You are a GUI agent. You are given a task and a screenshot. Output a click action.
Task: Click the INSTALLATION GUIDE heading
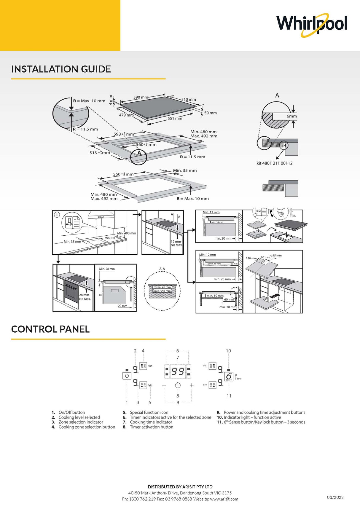tap(61, 69)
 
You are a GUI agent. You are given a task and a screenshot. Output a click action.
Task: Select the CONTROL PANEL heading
tap(50, 329)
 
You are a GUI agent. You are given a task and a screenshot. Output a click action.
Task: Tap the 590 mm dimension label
tap(141, 97)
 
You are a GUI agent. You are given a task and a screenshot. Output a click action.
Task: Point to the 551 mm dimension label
tap(175, 118)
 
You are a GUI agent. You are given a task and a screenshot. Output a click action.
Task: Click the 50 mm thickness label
tap(211, 113)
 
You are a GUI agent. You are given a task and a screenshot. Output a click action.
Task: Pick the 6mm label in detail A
tap(291, 116)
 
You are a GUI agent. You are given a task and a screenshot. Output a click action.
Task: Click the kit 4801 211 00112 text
tap(274, 163)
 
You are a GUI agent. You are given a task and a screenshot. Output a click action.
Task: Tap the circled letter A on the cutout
tap(139, 153)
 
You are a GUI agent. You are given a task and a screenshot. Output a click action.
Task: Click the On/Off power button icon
tap(127, 376)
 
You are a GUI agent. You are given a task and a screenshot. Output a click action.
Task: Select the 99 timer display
tap(178, 371)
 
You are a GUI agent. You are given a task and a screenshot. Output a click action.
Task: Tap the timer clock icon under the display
tap(178, 385)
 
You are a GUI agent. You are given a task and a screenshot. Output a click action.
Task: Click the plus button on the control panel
tap(192, 385)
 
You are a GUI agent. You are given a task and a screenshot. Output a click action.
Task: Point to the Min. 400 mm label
tap(127, 233)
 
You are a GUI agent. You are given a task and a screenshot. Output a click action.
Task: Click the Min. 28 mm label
tap(107, 269)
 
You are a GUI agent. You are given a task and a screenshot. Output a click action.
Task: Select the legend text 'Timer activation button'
tap(152, 427)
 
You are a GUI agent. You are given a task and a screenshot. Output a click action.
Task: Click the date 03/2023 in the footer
tap(335, 497)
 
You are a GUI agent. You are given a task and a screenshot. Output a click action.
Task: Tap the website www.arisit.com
tap(224, 499)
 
